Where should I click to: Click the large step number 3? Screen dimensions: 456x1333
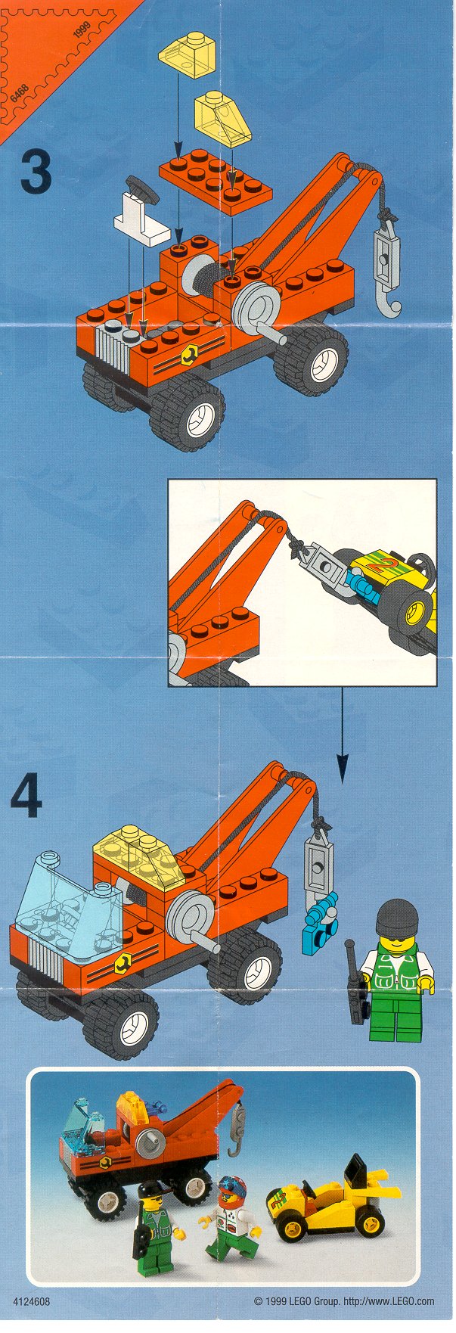click(36, 171)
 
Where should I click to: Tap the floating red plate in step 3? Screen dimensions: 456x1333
click(216, 179)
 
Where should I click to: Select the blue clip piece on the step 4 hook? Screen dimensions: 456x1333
click(319, 922)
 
